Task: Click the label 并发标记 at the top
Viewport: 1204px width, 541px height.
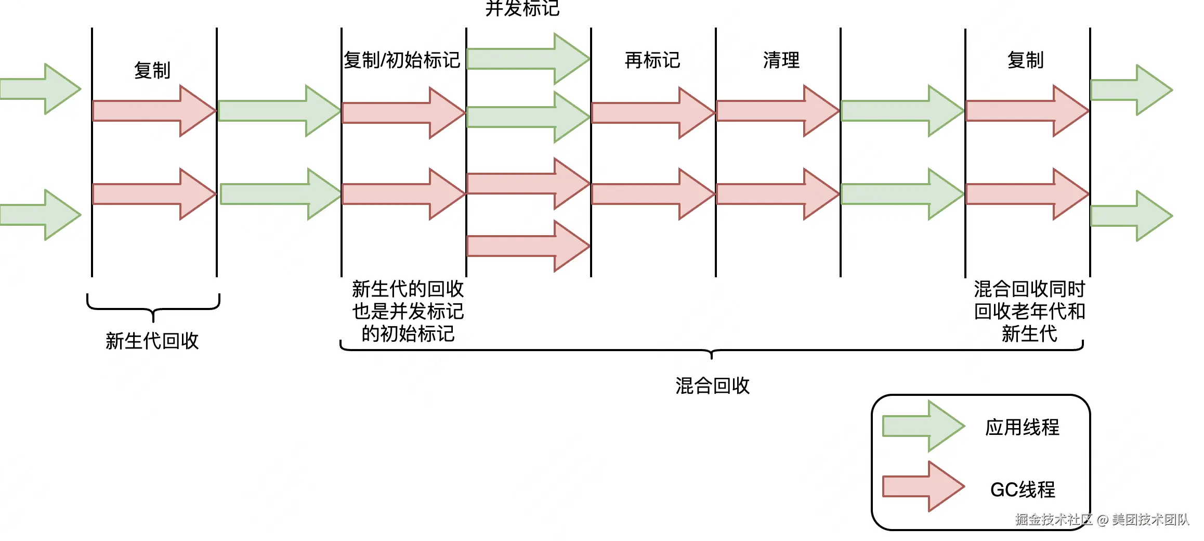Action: coord(522,8)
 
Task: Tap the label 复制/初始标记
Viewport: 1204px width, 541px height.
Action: coord(401,60)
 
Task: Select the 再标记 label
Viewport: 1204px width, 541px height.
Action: coord(652,60)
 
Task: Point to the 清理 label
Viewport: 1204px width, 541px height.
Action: coord(781,60)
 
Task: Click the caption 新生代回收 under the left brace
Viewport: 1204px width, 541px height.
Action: coord(152,341)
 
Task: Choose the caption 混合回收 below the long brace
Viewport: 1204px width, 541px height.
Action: coord(712,385)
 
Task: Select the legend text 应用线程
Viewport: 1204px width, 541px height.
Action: coord(1022,427)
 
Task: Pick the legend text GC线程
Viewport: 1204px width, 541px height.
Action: coord(1022,490)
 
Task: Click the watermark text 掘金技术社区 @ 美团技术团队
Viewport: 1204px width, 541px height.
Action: coord(1102,519)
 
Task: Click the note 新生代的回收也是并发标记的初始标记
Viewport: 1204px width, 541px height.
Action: coord(408,311)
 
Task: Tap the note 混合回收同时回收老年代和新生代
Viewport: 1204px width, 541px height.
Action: coord(1029,311)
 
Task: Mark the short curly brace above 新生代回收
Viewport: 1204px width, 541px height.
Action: coord(153,307)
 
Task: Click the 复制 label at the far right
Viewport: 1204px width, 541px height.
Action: coord(1025,60)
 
